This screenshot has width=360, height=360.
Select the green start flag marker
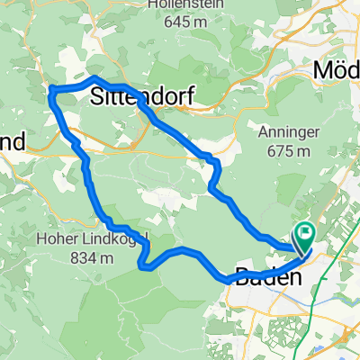(303, 236)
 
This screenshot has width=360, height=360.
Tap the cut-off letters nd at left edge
(11, 144)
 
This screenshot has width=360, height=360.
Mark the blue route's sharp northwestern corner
(50, 89)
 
